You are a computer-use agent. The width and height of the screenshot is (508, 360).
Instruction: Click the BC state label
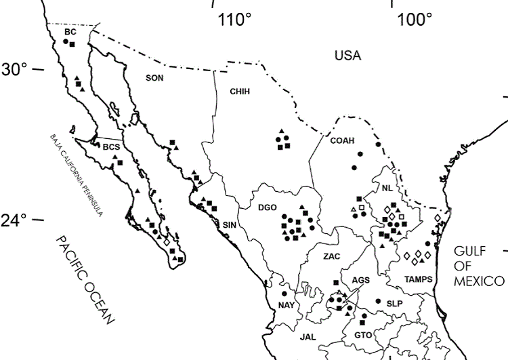70,32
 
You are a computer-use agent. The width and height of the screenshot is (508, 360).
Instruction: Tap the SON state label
155,78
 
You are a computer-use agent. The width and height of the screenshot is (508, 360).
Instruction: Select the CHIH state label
240,91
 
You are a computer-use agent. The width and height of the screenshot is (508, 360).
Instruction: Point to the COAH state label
342,140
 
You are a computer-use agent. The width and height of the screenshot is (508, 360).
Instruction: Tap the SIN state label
229,224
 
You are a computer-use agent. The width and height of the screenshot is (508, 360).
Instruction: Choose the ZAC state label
332,257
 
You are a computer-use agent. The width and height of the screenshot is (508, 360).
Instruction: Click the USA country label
347,55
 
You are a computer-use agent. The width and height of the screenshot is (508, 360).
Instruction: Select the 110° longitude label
234,20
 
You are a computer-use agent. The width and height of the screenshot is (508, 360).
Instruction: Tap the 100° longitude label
415,20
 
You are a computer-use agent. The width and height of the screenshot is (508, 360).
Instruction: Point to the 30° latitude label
14,69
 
